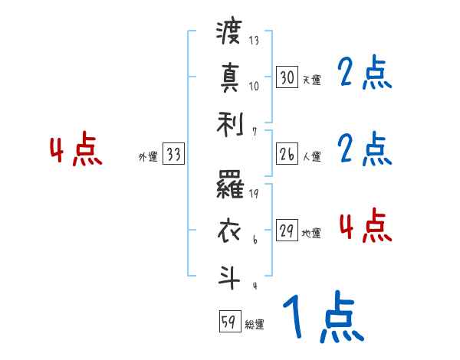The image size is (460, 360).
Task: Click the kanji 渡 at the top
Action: pos(229,34)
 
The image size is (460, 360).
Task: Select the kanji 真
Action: pos(229,77)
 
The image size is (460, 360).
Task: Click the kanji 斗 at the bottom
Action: pos(229,273)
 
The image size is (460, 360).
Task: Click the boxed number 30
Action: pos(287,77)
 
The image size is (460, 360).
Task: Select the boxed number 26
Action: pos(287,154)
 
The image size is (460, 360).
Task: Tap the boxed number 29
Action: pos(287,231)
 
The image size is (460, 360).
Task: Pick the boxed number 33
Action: pos(173,154)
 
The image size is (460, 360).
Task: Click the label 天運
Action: pos(311,80)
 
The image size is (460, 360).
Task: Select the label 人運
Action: pos(311,156)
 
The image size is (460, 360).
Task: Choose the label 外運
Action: pos(147,156)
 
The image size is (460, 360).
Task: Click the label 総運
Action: pos(255,324)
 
